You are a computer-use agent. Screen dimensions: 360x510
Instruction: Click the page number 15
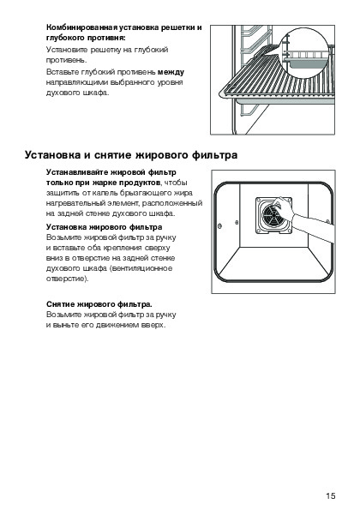(x=330, y=495)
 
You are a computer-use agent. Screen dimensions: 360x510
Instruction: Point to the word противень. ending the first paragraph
(x=67, y=60)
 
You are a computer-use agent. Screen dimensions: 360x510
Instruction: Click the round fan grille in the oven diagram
(x=273, y=215)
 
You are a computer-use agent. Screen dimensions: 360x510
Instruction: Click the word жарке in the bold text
(x=104, y=183)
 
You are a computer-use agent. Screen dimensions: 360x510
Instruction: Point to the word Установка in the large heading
(x=52, y=155)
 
